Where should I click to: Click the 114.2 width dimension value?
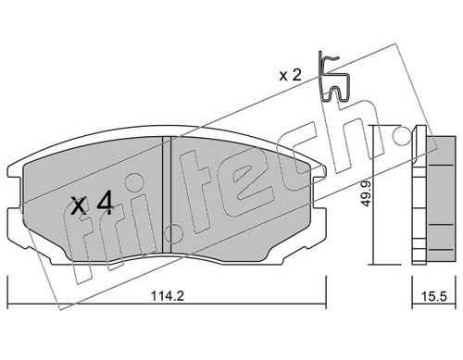click(x=168, y=296)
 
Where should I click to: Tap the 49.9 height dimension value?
click(x=366, y=193)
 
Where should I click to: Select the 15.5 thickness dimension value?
click(x=434, y=296)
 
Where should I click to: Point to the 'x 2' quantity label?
click(x=290, y=76)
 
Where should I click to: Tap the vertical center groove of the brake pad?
click(x=167, y=194)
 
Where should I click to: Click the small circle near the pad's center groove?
click(x=173, y=234)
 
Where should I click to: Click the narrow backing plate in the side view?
click(x=419, y=195)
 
